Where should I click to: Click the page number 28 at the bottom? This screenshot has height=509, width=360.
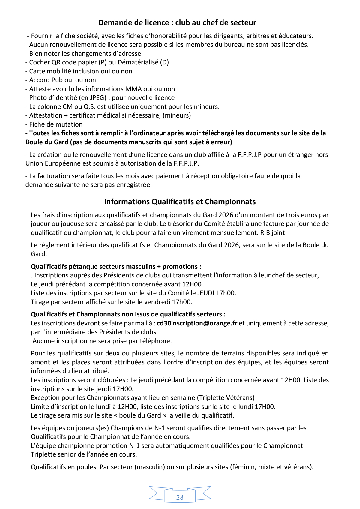[180, 497]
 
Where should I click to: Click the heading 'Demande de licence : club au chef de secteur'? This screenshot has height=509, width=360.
[177, 23]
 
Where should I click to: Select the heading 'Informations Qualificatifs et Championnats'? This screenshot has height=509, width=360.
[180, 202]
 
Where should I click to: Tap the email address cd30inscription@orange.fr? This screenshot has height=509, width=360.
[197, 323]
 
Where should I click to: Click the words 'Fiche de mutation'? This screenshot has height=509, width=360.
[56, 124]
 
